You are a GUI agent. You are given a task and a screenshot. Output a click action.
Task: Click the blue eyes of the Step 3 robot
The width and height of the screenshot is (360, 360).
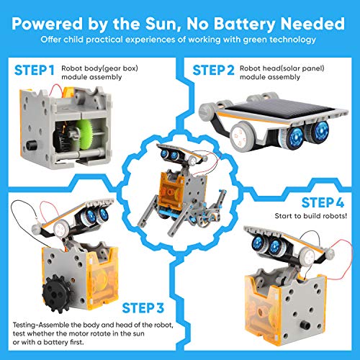click(x=96, y=214)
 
